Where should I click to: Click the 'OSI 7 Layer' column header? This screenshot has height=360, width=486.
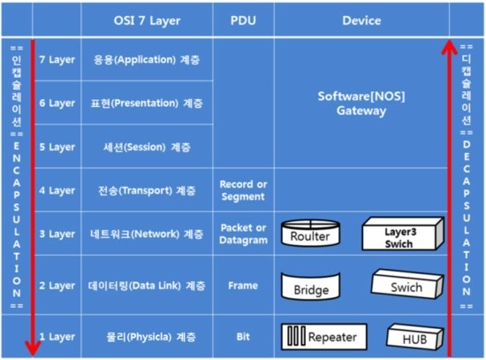coord(147,20)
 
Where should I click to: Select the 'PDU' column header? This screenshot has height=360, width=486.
coord(243,20)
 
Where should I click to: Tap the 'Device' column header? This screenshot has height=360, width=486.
coord(361,20)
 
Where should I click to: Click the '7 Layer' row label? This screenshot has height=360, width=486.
coord(57,59)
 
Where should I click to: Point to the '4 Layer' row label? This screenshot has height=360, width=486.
coord(57,190)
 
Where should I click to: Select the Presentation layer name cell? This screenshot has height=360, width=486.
coord(147,103)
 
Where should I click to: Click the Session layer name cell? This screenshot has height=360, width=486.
coord(147,147)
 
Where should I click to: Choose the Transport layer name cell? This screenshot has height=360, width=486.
coord(147,190)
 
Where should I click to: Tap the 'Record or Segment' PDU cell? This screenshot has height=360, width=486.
coord(243,190)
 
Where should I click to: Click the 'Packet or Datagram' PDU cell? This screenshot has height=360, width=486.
coord(243,234)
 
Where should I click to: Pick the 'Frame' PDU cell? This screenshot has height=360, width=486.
coord(243,286)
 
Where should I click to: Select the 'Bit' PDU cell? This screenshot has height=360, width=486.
coord(243,337)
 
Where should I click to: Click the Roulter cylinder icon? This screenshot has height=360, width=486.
coord(310,233)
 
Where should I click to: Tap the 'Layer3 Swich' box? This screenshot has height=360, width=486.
coord(403,234)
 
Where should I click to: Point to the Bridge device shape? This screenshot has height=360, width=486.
coord(310,286)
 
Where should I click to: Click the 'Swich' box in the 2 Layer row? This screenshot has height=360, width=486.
coord(407,284)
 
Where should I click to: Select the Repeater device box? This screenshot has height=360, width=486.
coord(324,337)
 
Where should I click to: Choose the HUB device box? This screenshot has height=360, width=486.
coord(415,337)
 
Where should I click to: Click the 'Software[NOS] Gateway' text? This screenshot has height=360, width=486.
coord(361,103)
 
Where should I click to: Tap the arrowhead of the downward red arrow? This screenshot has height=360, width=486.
coord(33,349)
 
